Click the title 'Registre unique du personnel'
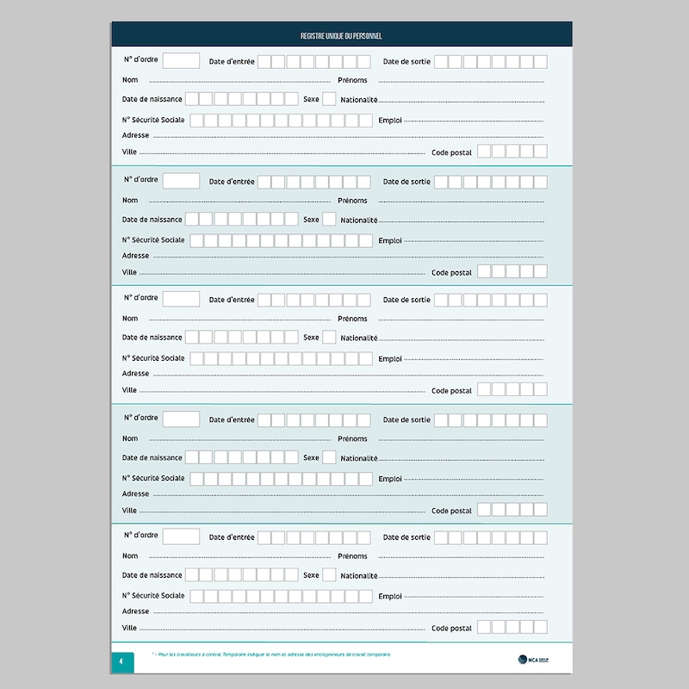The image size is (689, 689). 341,36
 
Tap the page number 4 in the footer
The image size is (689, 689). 122,661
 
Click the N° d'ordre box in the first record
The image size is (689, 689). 181,60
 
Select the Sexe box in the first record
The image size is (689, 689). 329,99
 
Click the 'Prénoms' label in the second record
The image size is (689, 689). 352,201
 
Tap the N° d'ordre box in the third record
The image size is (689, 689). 181,299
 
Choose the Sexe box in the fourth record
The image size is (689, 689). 329,458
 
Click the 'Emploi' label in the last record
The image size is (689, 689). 390,596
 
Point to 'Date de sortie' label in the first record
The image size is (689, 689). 407,61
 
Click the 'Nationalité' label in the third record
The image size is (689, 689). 359,338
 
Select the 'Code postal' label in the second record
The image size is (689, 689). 451,272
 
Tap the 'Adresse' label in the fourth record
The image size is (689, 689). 135,494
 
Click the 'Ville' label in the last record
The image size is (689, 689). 129,628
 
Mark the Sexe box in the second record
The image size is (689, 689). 329,219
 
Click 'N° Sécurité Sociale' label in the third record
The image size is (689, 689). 153,358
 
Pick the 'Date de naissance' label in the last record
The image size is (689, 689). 152,575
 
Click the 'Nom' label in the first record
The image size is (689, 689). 130,80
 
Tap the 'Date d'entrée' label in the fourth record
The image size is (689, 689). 232,420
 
